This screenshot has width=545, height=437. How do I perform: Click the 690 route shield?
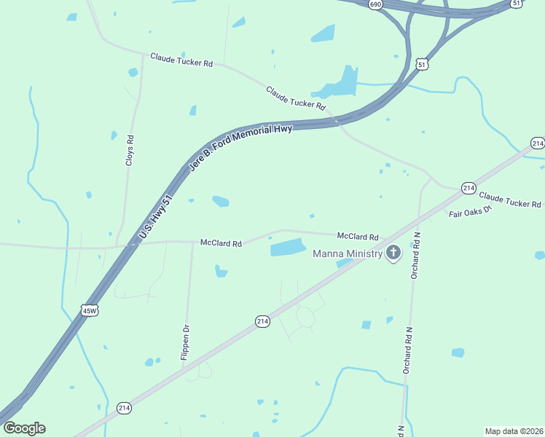(375, 4)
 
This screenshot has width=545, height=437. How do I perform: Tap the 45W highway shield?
(89, 310)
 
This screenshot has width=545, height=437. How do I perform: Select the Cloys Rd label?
(130, 151)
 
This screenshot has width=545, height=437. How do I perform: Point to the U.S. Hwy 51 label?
(155, 217)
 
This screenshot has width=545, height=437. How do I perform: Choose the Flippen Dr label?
(185, 343)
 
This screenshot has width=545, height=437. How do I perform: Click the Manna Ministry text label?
(348, 253)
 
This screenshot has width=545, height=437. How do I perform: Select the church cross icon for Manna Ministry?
(393, 253)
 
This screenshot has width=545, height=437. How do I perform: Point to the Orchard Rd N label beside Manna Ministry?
(415, 255)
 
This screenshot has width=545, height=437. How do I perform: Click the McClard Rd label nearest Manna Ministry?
(358, 237)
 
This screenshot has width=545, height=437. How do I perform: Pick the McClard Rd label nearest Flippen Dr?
(221, 243)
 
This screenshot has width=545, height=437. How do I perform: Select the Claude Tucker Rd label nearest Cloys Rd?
(181, 60)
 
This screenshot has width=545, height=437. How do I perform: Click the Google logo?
(24, 428)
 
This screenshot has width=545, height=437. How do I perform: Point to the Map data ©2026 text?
(514, 431)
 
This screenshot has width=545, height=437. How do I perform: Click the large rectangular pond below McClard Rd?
(289, 248)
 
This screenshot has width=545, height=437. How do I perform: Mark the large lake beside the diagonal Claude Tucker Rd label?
(340, 84)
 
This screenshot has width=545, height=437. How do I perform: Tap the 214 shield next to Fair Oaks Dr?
(468, 189)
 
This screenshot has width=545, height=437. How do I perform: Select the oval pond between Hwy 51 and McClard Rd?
(220, 200)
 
